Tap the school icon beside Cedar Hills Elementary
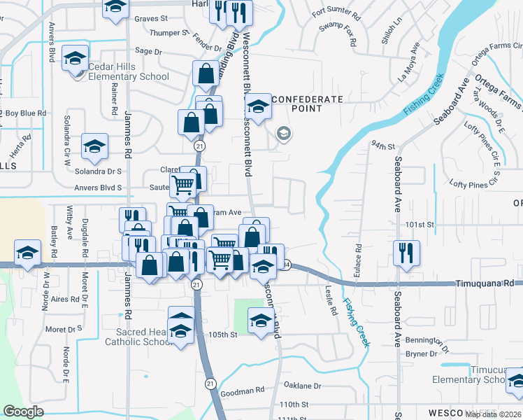pyautogui.click(x=75, y=59)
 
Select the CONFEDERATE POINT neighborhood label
pyautogui.click(x=307, y=104)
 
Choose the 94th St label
pyautogui.click(x=384, y=146)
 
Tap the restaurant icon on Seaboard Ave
pyautogui.click(x=406, y=253)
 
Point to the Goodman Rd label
pyautogui.click(x=243, y=389)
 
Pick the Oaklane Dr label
pyautogui.click(x=302, y=386)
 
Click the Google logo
pyautogui.click(x=23, y=412)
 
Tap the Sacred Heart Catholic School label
pyautogui.click(x=138, y=337)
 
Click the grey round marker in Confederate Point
pyautogui.click(x=284, y=133)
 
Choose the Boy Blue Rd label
pyautogui.click(x=26, y=113)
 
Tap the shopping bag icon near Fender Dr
pyautogui.click(x=206, y=72)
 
